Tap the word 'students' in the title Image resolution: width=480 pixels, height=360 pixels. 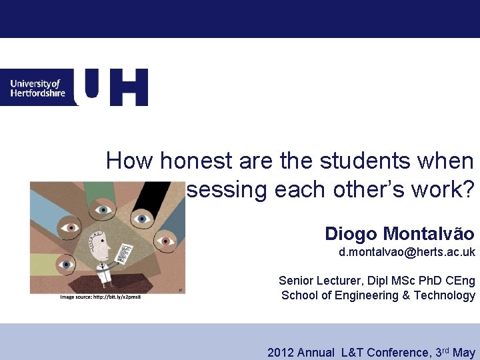tap(364, 161)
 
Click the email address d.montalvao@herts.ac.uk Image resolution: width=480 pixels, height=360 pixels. tap(407, 253)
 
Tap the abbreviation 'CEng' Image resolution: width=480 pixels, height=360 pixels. tap(459, 281)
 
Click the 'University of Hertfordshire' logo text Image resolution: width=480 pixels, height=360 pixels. tap(37, 88)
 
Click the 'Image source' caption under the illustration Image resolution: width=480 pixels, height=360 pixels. tap(100, 297)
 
